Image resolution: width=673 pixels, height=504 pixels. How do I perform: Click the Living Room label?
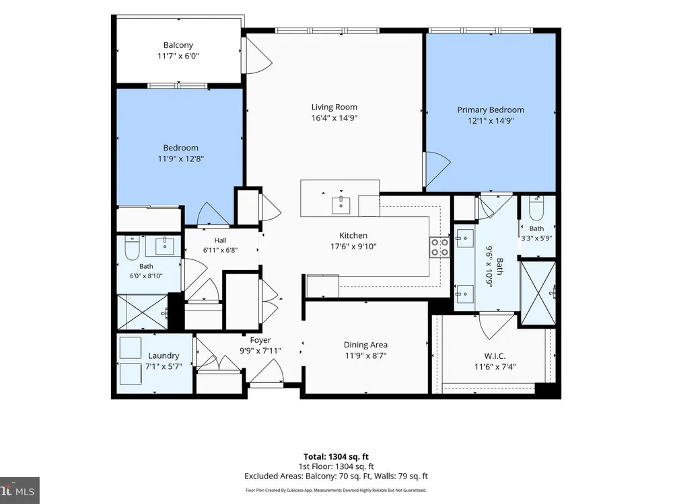[334, 107]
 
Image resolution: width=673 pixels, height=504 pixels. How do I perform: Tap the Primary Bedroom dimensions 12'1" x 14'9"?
[491, 121]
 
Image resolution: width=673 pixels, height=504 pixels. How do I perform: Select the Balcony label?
[178, 45]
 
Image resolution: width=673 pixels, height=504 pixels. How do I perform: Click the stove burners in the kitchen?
[439, 247]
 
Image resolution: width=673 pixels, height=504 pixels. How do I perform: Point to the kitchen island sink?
[341, 205]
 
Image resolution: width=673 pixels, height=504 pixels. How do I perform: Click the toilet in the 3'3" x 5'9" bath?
[536, 208]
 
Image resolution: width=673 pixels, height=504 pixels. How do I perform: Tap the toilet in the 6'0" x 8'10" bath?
[131, 248]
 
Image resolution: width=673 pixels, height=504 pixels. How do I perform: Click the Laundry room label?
[164, 355]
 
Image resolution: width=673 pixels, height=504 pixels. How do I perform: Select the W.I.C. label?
[495, 356]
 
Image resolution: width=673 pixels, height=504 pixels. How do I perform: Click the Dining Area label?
[365, 345]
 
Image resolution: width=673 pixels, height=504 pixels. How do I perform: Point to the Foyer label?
[260, 340]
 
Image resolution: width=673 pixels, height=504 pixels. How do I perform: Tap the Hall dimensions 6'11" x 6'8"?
[220, 250]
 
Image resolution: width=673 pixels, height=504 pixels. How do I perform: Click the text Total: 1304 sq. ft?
[336, 457]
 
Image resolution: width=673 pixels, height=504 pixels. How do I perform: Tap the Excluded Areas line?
[336, 476]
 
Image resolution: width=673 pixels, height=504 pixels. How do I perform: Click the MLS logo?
[20, 491]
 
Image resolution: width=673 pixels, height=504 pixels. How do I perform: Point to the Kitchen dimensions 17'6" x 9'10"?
[353, 247]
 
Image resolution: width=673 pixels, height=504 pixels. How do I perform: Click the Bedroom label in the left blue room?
[180, 148]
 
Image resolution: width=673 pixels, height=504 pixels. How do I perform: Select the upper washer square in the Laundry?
[131, 347]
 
